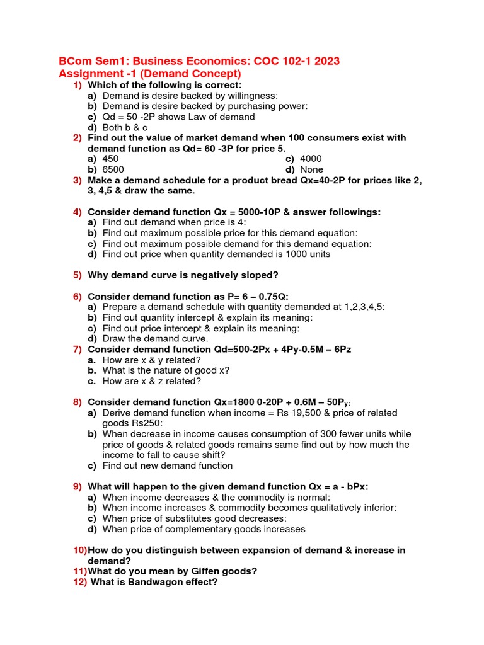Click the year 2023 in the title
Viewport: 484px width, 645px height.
(321, 61)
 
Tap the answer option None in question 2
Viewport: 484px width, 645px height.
(312, 169)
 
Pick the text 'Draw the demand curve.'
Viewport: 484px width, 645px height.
(146, 338)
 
